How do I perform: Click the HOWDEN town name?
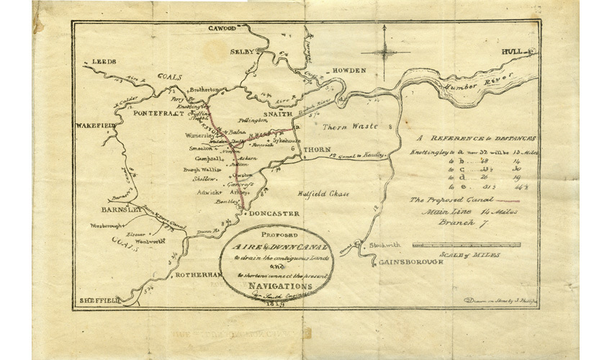(x=348, y=70)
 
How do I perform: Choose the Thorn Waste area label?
(x=344, y=126)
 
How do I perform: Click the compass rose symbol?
(x=386, y=51)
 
